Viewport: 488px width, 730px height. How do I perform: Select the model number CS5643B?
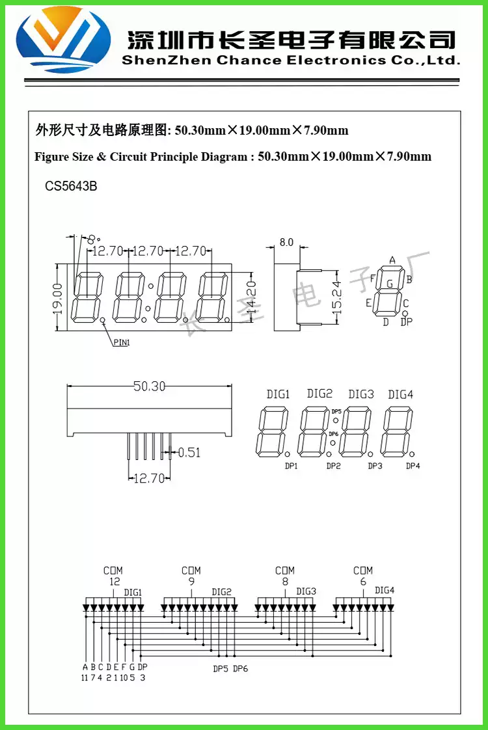point(71,186)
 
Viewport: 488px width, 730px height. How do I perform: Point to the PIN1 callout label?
point(122,342)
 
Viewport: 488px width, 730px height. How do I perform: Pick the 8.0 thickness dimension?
point(286,243)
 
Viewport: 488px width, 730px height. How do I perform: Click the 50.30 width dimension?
point(149,386)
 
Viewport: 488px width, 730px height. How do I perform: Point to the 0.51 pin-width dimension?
point(189,452)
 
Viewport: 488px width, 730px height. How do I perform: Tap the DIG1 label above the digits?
point(278,394)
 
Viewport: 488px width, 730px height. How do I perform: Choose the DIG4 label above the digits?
point(400,394)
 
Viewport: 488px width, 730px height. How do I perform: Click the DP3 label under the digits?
point(375,466)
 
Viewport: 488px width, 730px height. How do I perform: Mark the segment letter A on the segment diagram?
point(392,260)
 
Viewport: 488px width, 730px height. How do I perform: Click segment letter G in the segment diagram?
point(390,284)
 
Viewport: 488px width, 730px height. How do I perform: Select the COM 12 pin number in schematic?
point(115,582)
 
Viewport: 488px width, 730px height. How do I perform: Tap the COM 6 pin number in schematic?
point(363,582)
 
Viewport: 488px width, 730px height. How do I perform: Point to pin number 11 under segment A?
point(85,677)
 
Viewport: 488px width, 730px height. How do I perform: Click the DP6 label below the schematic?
point(240,669)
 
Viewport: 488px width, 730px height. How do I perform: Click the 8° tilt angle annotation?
point(92,239)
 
